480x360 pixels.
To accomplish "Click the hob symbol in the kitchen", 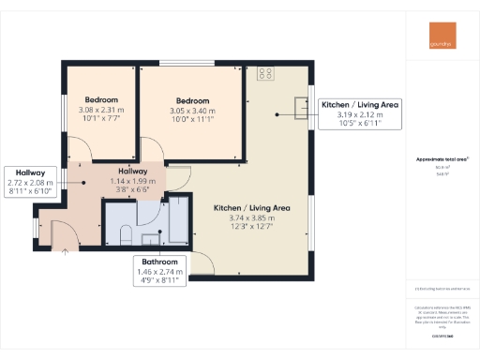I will (265, 72).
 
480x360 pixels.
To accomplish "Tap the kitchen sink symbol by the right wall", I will (297, 108).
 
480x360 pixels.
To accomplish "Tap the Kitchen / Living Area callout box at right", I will (359, 113).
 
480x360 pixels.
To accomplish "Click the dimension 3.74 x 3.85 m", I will (250, 217).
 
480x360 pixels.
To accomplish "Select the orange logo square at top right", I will (437, 44).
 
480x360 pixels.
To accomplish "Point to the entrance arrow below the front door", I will (66, 250).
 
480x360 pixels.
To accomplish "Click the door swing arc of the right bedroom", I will (150, 150).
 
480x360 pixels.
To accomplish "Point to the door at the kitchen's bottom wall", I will (201, 265).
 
